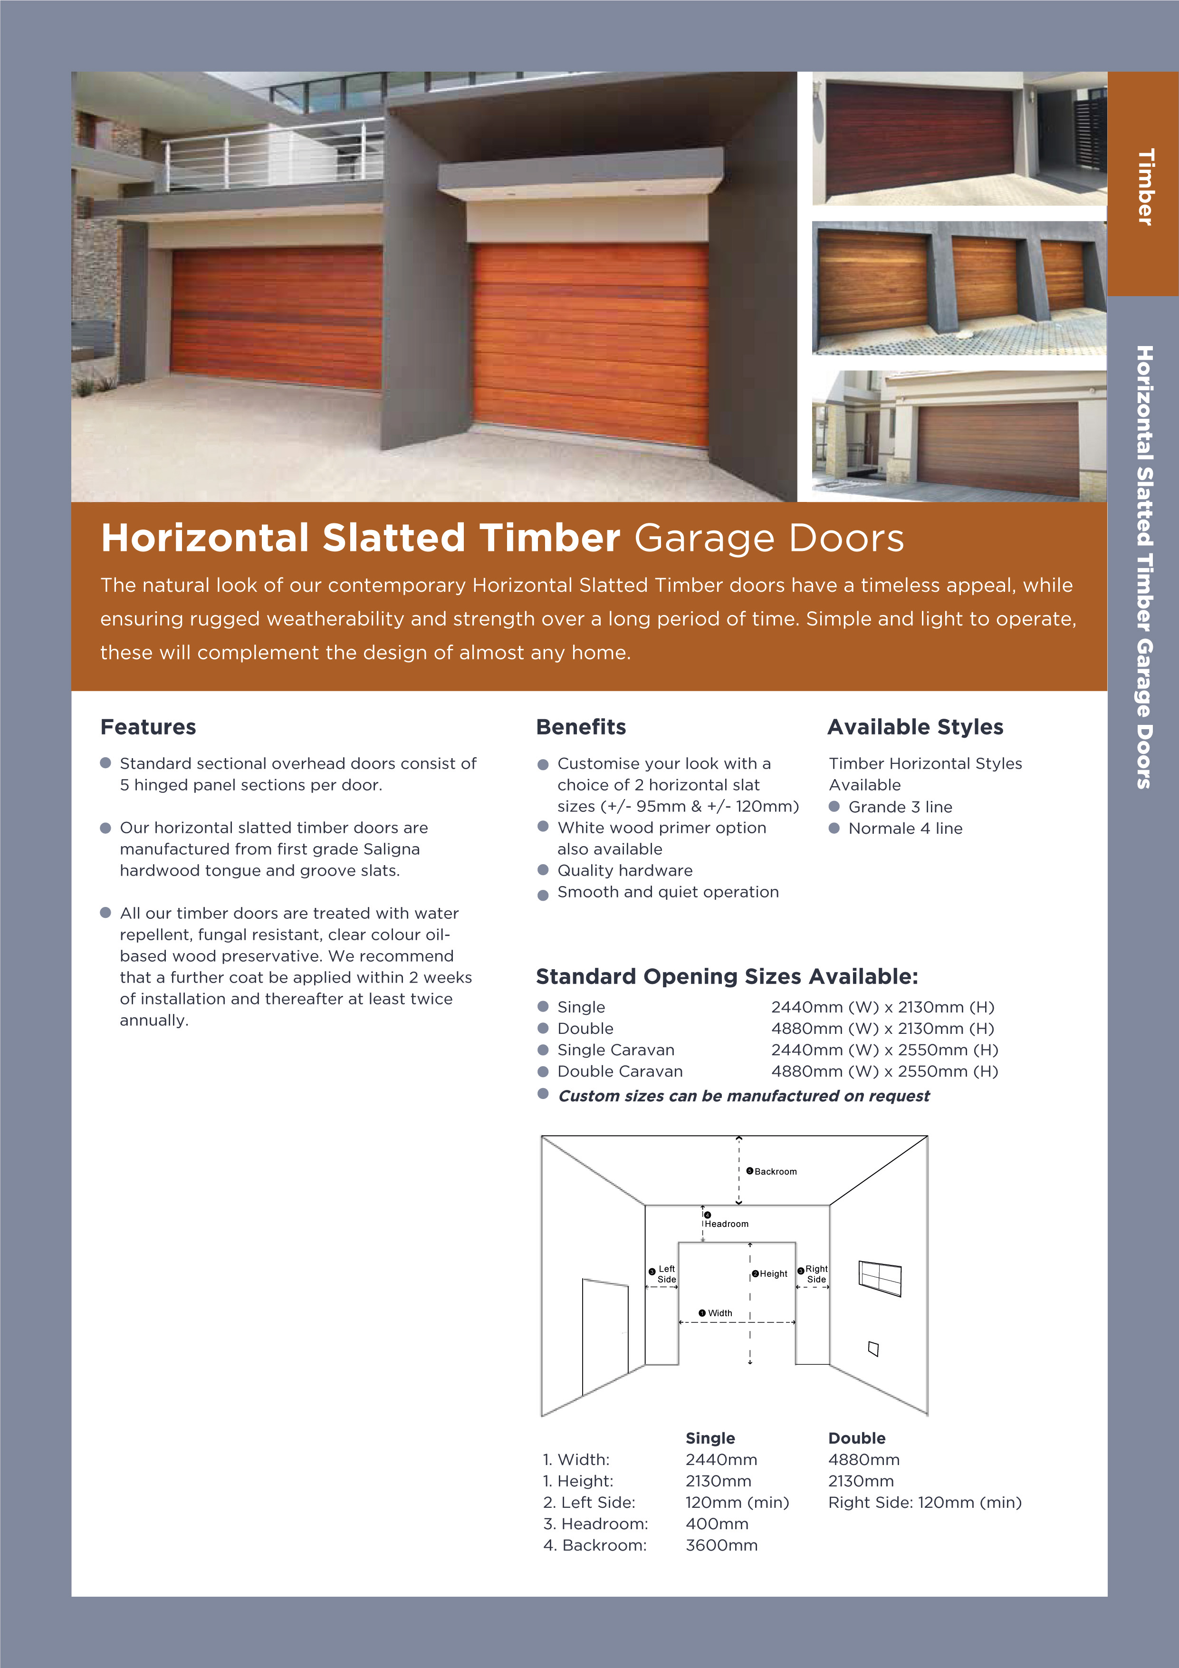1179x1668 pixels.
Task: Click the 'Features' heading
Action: coord(148,727)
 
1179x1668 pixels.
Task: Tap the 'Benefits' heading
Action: coord(580,727)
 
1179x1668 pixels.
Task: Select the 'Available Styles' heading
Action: coord(915,727)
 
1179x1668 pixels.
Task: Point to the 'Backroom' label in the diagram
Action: coord(775,1172)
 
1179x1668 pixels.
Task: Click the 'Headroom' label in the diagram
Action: coord(726,1224)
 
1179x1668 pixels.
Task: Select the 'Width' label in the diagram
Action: coord(719,1313)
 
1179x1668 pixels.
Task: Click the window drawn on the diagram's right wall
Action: coord(880,1278)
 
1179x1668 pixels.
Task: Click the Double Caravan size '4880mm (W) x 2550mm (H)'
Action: coord(884,1071)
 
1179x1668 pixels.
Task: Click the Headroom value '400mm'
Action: coord(716,1524)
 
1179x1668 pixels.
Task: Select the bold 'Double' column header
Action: coord(856,1438)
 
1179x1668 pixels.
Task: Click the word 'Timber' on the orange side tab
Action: coord(1145,187)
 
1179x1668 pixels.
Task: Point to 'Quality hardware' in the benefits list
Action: coord(625,870)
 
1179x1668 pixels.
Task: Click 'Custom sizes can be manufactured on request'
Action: coord(743,1096)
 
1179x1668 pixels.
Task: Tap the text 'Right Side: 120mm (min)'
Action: coord(924,1503)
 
